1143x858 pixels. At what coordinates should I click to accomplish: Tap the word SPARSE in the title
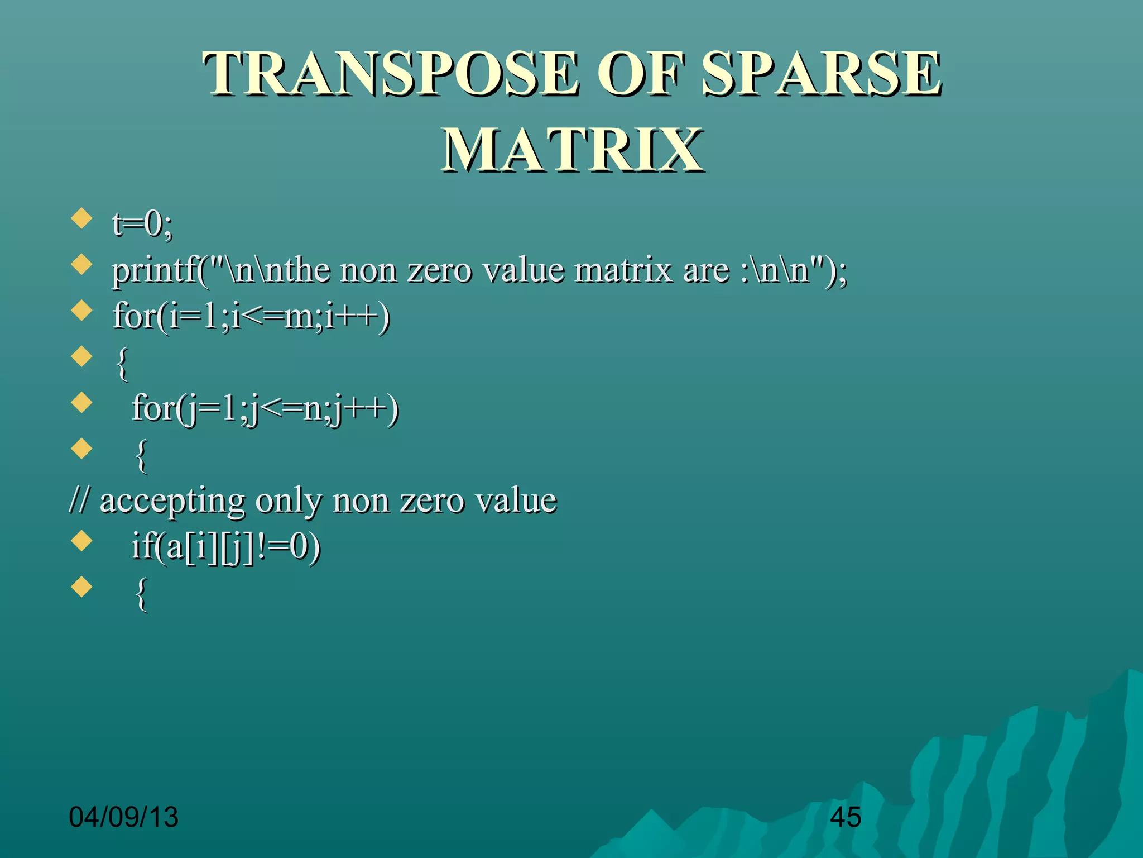(821, 74)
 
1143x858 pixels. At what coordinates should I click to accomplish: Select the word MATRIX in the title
(571, 150)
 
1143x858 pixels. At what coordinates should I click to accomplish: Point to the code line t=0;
(143, 225)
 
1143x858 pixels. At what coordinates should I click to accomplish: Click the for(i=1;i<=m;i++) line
(251, 317)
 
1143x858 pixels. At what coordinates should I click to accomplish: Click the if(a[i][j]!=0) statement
(225, 547)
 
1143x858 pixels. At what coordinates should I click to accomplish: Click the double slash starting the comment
(79, 500)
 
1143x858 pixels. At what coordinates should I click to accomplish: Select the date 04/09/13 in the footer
(123, 817)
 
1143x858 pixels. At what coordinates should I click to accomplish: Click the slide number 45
(846, 817)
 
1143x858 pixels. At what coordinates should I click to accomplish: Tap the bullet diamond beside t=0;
(82, 218)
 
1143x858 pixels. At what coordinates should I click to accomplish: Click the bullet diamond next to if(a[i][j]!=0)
(82, 541)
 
